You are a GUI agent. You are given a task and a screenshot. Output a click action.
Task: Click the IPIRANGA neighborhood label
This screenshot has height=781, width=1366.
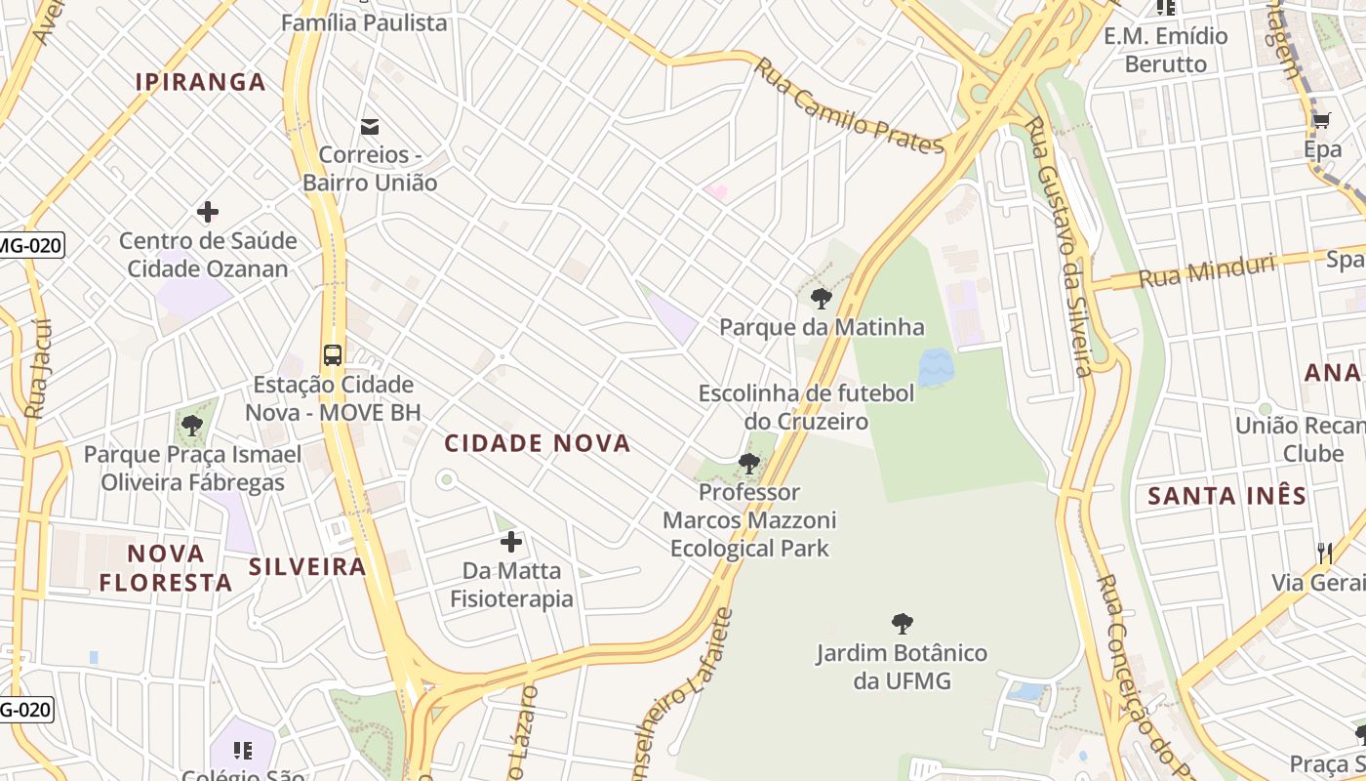pyautogui.click(x=201, y=82)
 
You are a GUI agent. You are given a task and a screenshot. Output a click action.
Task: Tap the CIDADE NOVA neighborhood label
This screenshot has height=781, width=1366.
pyautogui.click(x=538, y=443)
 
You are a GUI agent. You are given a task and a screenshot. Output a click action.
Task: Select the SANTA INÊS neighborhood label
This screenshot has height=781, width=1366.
pyautogui.click(x=1226, y=496)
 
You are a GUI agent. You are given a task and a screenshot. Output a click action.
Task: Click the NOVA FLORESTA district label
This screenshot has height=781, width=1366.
pyautogui.click(x=166, y=568)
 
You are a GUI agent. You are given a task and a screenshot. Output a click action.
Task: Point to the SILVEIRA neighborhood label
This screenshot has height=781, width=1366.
pyautogui.click(x=307, y=566)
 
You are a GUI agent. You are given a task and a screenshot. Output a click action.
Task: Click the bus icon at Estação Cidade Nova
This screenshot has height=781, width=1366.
pyautogui.click(x=333, y=354)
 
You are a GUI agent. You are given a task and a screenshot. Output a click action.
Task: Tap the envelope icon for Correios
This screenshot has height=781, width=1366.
pyautogui.click(x=370, y=126)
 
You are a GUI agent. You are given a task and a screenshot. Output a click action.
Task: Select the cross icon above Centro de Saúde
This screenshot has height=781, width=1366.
pyautogui.click(x=207, y=211)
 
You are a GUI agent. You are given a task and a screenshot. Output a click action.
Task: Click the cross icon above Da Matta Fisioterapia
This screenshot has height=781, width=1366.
pyautogui.click(x=510, y=542)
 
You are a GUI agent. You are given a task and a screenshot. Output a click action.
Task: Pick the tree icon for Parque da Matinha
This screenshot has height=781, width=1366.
pyautogui.click(x=822, y=299)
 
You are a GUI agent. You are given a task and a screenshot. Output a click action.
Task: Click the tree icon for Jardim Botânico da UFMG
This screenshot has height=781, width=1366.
pyautogui.click(x=903, y=623)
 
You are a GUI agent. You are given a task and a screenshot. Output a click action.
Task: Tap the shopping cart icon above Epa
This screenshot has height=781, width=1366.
pyautogui.click(x=1321, y=121)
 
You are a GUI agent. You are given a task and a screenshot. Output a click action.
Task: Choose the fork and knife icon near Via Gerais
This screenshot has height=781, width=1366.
pyautogui.click(x=1324, y=554)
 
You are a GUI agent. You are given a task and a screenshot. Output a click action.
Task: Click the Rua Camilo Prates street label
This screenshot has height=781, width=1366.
pyautogui.click(x=849, y=105)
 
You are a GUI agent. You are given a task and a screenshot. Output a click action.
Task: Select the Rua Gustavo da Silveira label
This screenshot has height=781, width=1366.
pyautogui.click(x=1058, y=244)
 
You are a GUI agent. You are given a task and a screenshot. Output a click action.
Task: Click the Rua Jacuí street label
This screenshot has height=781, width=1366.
pyautogui.click(x=37, y=369)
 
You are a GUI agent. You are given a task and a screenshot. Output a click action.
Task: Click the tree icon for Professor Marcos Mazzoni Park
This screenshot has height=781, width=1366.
pyautogui.click(x=749, y=463)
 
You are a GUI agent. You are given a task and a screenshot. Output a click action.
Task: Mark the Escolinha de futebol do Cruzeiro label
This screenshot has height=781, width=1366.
pyautogui.click(x=806, y=407)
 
